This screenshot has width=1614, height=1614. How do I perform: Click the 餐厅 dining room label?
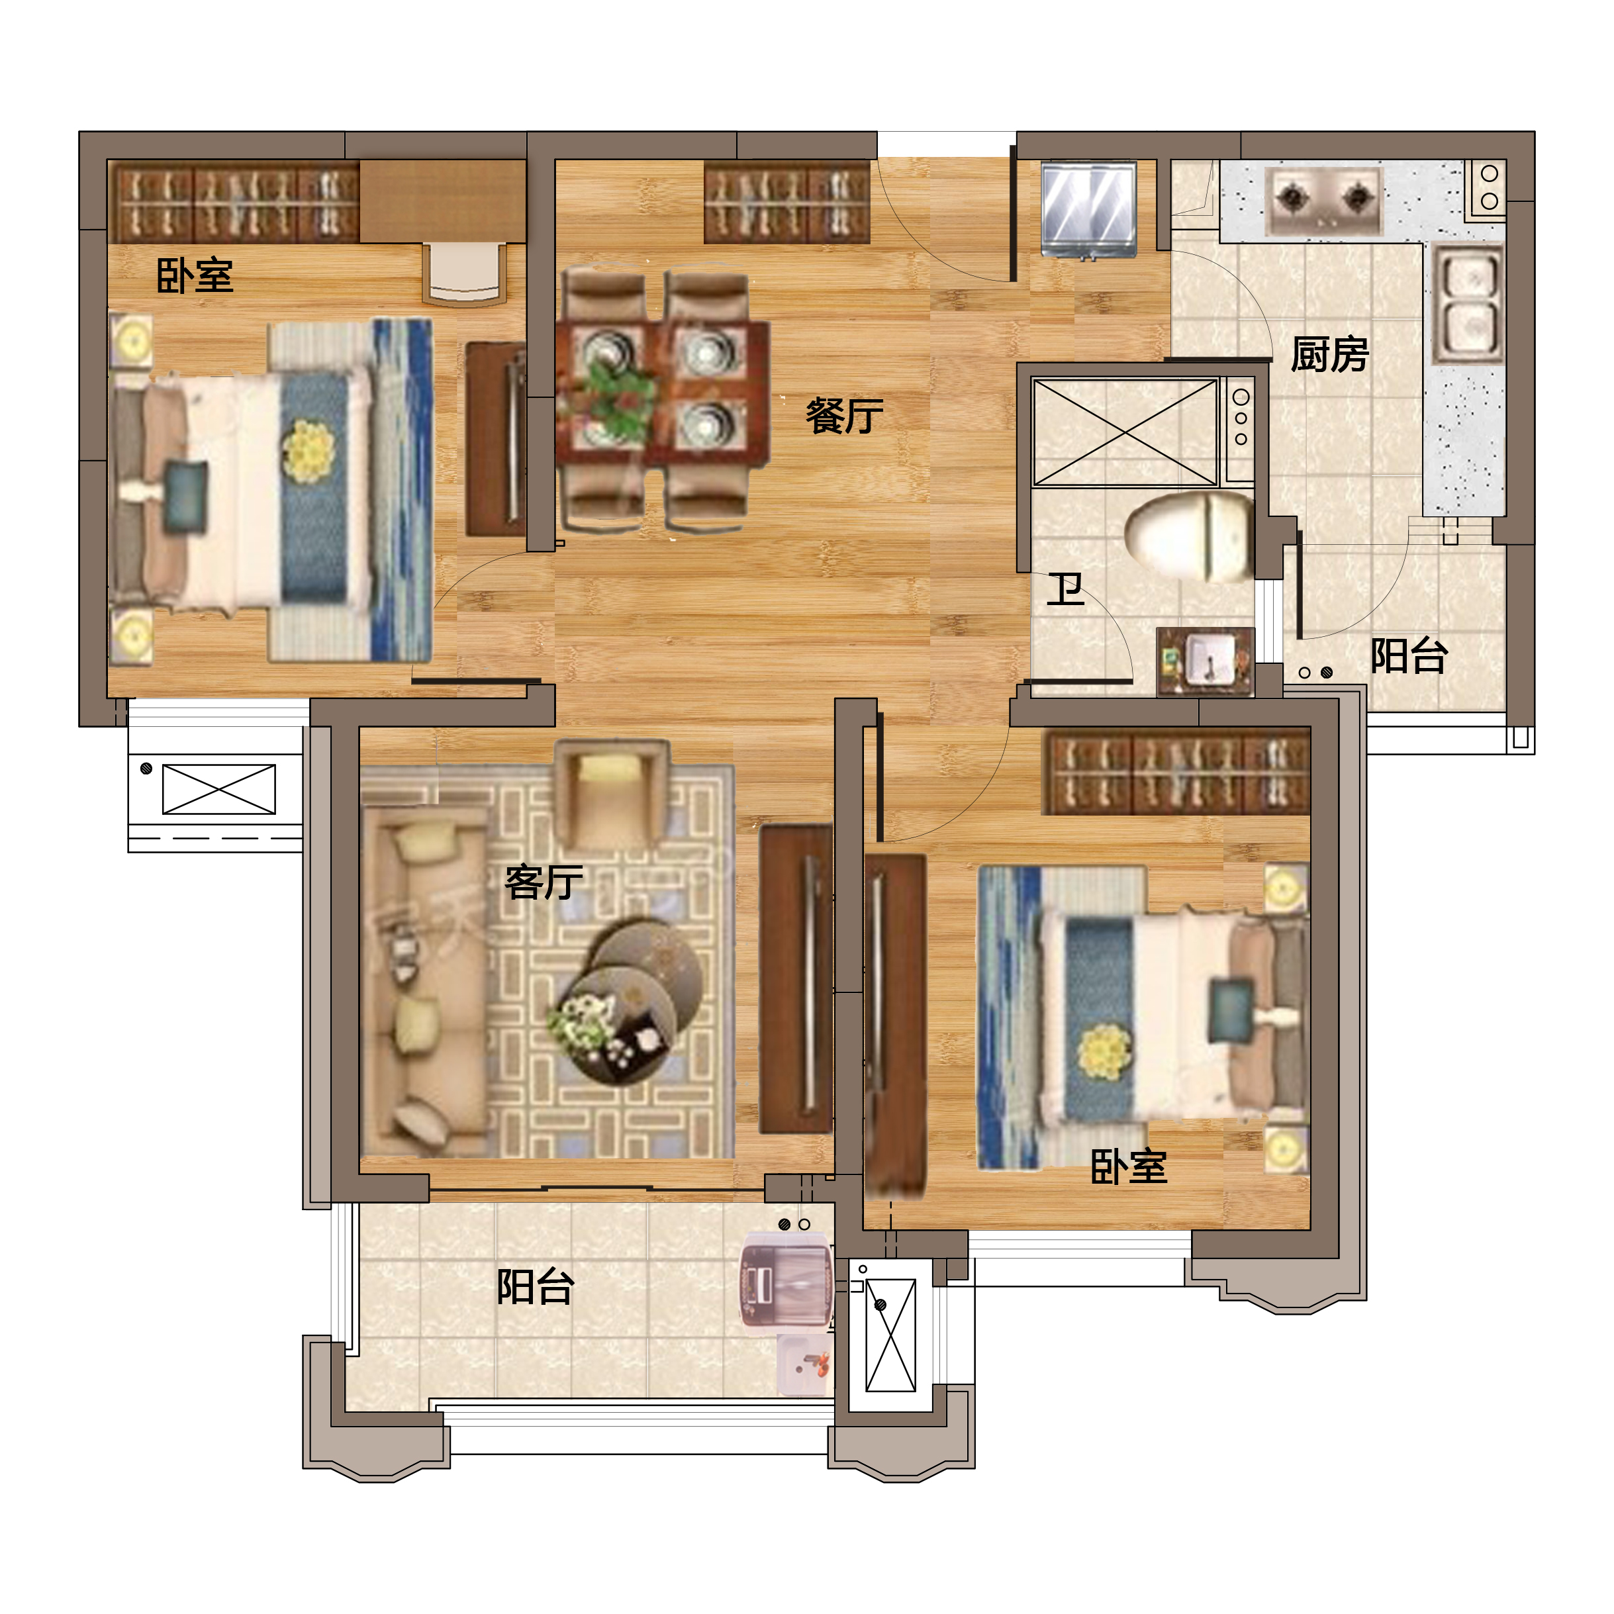click(844, 415)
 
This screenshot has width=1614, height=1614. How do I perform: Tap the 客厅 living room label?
click(544, 882)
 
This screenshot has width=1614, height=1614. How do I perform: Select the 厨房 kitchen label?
click(1329, 354)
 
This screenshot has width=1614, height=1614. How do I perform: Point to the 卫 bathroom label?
click(1066, 589)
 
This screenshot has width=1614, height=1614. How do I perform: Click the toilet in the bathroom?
click(1189, 536)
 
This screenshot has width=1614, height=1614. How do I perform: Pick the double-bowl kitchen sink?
click(1468, 303)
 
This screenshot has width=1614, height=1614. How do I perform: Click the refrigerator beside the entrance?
click(1088, 209)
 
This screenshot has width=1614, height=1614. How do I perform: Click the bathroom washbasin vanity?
click(1206, 661)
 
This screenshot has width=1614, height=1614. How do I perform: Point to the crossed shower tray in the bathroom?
click(1125, 432)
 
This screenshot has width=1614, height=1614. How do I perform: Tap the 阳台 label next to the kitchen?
click(1409, 656)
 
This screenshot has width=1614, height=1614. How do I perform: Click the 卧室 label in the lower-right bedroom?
click(1129, 1166)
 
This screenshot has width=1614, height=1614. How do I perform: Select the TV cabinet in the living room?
click(797, 978)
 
